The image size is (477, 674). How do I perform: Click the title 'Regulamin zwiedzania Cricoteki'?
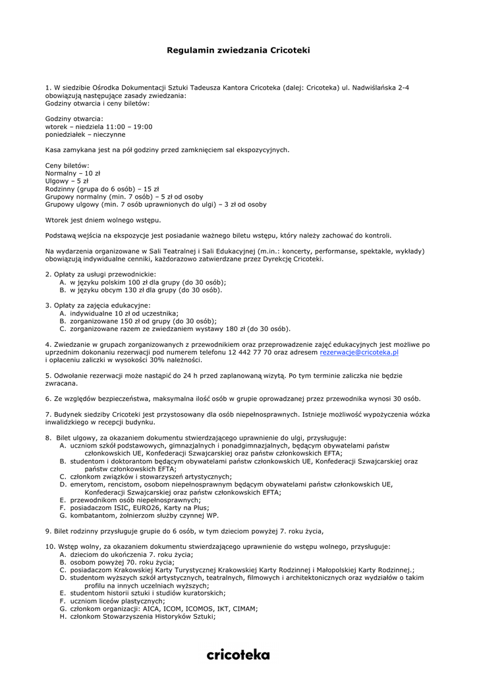[x=238, y=50]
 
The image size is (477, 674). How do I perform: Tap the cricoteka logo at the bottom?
[x=238, y=654]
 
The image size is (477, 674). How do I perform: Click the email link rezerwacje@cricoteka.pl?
[x=359, y=353]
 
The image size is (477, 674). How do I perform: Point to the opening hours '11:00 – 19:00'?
[x=130, y=126]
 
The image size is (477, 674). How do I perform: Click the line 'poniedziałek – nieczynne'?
[x=85, y=134]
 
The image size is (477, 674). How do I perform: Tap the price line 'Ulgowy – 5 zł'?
[x=67, y=180]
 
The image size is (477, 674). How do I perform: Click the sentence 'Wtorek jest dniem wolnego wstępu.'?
[x=103, y=220]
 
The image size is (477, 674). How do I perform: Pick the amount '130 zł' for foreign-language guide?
[x=133, y=290]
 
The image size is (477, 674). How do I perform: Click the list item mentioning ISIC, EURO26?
[x=140, y=508]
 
